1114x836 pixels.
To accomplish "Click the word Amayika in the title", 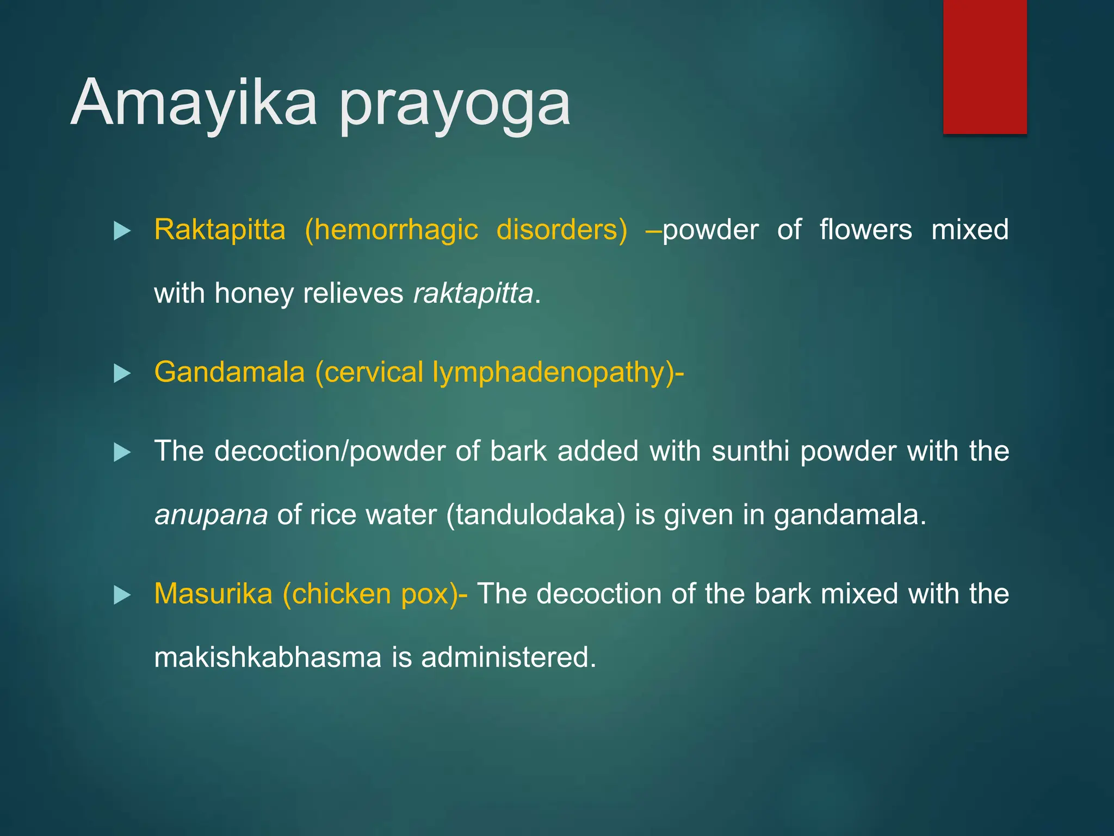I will click(x=194, y=103).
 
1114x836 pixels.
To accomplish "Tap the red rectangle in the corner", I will click(x=985, y=66).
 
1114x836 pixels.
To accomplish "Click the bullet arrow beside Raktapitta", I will click(x=122, y=231).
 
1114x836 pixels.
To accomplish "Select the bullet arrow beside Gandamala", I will click(x=122, y=374).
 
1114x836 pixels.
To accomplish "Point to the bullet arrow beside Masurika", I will click(x=122, y=595).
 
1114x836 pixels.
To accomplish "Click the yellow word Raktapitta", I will click(x=220, y=230).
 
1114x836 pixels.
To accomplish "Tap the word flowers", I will click(x=865, y=230).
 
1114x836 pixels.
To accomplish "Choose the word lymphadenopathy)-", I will click(x=558, y=373).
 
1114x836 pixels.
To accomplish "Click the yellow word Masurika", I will click(x=213, y=594).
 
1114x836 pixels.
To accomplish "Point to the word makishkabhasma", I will click(x=268, y=657).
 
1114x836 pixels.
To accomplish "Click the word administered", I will click(x=509, y=657).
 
